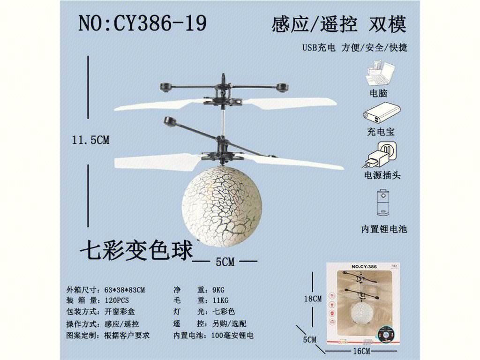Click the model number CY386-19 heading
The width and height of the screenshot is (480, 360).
tap(142, 23)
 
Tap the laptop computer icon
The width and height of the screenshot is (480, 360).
tap(380, 74)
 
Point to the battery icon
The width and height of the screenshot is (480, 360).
tap(382, 202)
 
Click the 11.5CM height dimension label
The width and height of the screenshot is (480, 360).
tap(90, 140)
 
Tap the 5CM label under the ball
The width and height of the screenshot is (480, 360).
tap(225, 262)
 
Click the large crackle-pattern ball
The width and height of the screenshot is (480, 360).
tap(222, 207)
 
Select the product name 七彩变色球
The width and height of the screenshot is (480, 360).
tap(136, 250)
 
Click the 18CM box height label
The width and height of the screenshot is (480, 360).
tap(313, 299)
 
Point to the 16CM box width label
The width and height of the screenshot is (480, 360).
tap(361, 351)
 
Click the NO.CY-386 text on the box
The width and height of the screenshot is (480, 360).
tap(364, 267)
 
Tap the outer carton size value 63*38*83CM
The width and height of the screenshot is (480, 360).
tap(125, 290)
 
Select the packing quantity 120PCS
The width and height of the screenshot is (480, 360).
tap(117, 300)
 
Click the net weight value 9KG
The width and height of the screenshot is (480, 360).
tap(218, 290)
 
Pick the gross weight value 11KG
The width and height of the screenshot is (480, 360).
tap(220, 300)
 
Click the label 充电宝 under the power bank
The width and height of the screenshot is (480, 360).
tap(381, 132)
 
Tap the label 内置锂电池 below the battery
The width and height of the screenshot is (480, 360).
tap(384, 229)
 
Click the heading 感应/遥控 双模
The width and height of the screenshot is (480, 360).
tap(339, 24)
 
